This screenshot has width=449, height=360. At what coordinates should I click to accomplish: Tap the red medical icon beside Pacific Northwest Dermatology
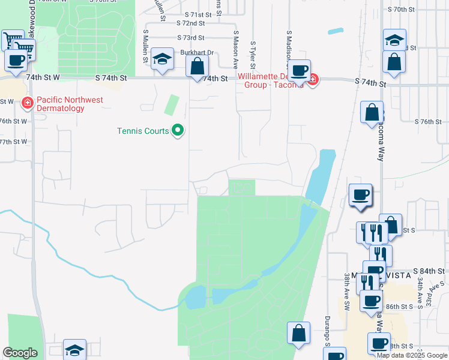coord(26,104)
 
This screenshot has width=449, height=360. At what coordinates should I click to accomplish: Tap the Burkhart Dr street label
coord(197,53)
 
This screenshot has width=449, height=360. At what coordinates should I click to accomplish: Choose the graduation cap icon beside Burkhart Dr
coord(162,59)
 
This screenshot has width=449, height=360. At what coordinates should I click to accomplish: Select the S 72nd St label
coord(191,23)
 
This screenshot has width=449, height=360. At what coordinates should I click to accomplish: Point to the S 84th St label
coord(411,271)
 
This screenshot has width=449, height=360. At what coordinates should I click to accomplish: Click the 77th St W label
coord(13,142)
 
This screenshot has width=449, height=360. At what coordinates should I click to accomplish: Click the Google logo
coord(20,353)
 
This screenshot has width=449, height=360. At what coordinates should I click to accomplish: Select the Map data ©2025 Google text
coord(411,355)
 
